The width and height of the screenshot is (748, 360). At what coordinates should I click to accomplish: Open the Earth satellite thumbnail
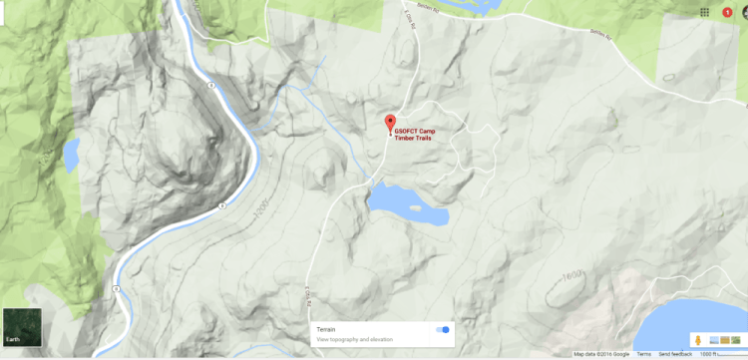click(x=21, y=326)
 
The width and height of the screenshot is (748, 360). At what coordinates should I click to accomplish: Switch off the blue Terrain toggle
click(x=443, y=329)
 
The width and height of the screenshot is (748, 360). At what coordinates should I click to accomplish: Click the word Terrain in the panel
click(x=327, y=328)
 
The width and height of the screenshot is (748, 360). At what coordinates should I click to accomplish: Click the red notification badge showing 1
click(x=726, y=11)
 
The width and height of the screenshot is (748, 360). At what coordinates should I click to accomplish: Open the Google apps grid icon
click(x=704, y=11)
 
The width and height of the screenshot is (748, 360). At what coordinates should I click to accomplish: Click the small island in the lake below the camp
click(x=413, y=207)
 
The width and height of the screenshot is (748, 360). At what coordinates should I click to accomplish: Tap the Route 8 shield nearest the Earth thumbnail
click(x=117, y=289)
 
